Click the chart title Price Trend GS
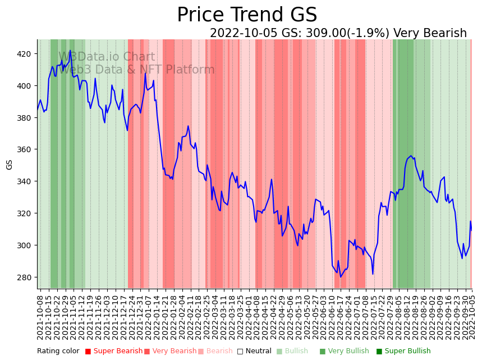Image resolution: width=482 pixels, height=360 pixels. click(247, 15)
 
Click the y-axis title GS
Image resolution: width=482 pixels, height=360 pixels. click(10, 164)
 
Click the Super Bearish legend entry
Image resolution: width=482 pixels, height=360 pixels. click(113, 351)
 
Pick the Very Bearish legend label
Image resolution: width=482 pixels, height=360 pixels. click(170, 351)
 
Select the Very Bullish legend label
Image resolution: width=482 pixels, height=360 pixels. click(344, 351)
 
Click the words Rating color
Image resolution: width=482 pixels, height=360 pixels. click(58, 351)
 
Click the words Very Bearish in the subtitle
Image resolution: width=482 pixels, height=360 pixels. click(430, 33)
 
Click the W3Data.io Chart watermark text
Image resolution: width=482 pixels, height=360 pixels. click(107, 57)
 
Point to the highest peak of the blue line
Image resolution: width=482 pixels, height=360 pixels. click(70, 51)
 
